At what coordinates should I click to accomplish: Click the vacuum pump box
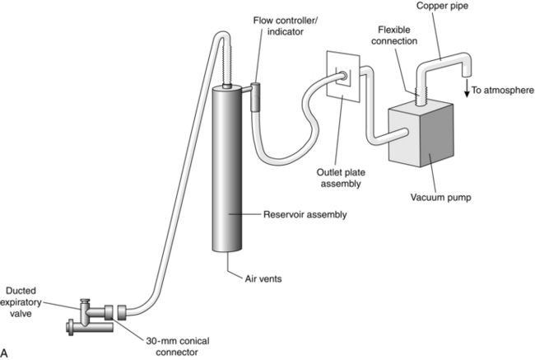pos(421,134)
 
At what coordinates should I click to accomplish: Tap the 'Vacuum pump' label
pos(440,198)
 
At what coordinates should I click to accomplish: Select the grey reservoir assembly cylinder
pos(227,170)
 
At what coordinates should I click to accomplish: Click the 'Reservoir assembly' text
pos(305,215)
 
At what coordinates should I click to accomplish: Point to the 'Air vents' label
pos(263,278)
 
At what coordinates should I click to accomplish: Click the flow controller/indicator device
pos(256,97)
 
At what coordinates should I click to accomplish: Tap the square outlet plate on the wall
pos(343,77)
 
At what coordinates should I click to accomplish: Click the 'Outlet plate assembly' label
pos(341,178)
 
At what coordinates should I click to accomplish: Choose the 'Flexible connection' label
pos(394,35)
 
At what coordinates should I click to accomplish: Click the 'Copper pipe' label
pos(442,6)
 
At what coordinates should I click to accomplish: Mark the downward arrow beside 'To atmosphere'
pos(468,90)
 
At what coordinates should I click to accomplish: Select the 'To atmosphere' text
pos(503,90)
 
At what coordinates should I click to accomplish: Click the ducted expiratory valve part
pos(90,318)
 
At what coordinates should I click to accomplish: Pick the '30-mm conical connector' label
pos(178,346)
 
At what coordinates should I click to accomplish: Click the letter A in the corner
pos(4,353)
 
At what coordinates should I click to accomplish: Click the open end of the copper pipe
pos(467,74)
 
